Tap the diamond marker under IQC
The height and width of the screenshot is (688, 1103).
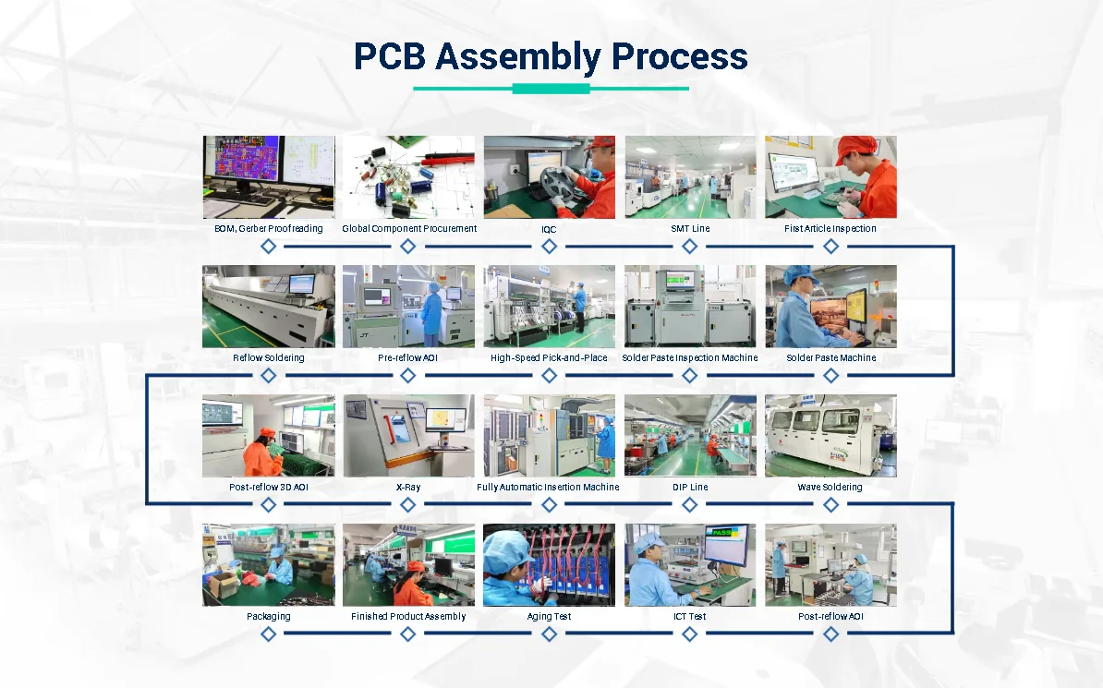tap(549, 247)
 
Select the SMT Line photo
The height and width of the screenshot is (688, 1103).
tap(690, 177)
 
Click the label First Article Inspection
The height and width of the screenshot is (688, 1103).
tap(830, 229)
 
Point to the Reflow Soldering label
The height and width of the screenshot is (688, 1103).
tap(269, 358)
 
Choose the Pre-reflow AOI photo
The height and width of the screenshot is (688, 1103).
tap(409, 307)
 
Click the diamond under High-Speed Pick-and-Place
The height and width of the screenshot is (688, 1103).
tap(549, 376)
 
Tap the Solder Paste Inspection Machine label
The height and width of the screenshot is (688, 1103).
tap(690, 358)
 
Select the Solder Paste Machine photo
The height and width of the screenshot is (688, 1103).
tap(830, 307)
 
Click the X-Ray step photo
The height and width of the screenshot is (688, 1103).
tap(409, 436)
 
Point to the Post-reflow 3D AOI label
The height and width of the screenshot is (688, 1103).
tap(269, 488)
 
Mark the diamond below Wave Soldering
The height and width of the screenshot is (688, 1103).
tap(830, 505)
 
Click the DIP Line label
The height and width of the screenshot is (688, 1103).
tap(690, 488)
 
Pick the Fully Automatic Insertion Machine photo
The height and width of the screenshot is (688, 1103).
tap(549, 436)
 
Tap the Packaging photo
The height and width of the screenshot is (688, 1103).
tap(269, 565)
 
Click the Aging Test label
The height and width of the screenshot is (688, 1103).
tap(549, 617)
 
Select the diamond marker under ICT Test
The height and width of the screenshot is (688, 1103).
tap(690, 634)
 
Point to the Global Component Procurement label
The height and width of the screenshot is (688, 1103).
tap(409, 229)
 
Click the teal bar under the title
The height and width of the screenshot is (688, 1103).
tap(551, 89)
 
